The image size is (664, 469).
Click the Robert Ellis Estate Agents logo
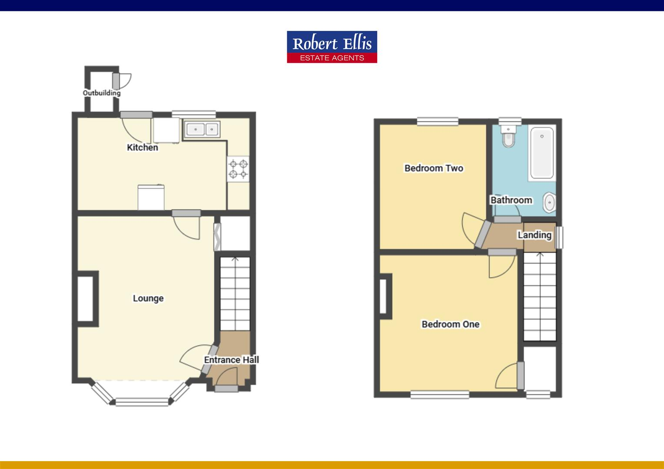coord(332,47)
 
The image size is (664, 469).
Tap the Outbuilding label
coord(102,93)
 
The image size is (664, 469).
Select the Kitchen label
coord(142,148)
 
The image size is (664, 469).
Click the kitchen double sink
coord(202,129)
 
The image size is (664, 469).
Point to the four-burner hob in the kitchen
coord(239,169)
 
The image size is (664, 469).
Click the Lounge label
coord(148,298)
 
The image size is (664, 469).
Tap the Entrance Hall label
coord(231,360)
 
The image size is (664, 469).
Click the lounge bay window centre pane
coord(142,402)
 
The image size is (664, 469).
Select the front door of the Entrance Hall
coord(226,389)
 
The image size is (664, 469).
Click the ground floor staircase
coord(235,294)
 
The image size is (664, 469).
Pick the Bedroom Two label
coord(434,168)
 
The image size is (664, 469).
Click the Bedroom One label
coord(451,324)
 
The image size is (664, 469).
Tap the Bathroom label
coord(511,200)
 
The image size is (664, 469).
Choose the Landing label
coord(534,235)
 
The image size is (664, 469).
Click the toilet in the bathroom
coord(508,137)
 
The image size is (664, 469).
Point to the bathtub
coord(542,153)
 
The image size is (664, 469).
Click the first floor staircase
coord(540,297)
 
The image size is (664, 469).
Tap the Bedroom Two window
coord(438,122)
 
